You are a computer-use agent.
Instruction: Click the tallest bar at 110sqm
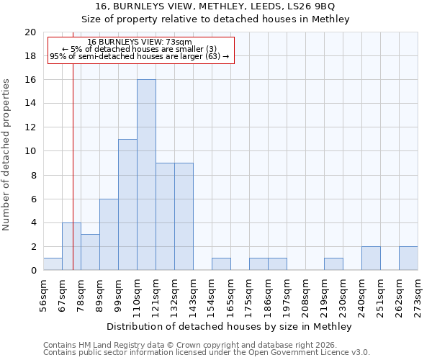coord(146,175)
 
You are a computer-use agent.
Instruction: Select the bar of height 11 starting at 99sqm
coord(127,204)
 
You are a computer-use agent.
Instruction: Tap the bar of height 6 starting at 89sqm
coord(109,235)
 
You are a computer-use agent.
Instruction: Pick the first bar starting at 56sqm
coord(53,264)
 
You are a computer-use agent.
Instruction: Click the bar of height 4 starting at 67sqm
coord(71,246)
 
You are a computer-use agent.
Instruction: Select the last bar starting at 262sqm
coord(408,258)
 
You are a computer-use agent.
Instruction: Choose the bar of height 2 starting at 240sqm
coord(371,258)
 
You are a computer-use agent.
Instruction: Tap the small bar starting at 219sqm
coord(333,264)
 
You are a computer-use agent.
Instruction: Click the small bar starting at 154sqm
coord(221,264)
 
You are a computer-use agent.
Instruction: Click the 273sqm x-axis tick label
coord(418,294)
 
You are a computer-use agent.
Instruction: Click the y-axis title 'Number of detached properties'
coord(6,155)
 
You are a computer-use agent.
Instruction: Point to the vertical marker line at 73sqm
coord(73,180)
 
